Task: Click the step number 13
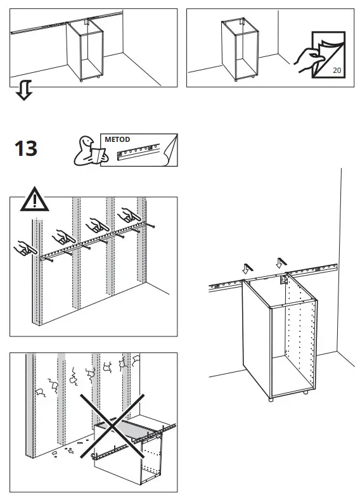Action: point(27,149)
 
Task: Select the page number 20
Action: point(336,70)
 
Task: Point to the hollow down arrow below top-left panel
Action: point(23,93)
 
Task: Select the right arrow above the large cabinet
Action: point(280,261)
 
